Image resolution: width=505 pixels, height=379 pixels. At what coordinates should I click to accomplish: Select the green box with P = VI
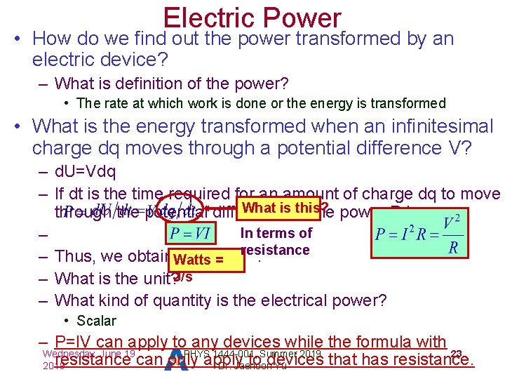(x=189, y=232)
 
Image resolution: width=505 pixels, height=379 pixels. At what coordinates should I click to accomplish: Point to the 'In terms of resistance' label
(x=275, y=241)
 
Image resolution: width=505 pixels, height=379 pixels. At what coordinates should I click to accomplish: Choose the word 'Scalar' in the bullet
(x=96, y=321)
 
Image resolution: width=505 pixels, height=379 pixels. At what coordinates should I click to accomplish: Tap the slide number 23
(x=457, y=353)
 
